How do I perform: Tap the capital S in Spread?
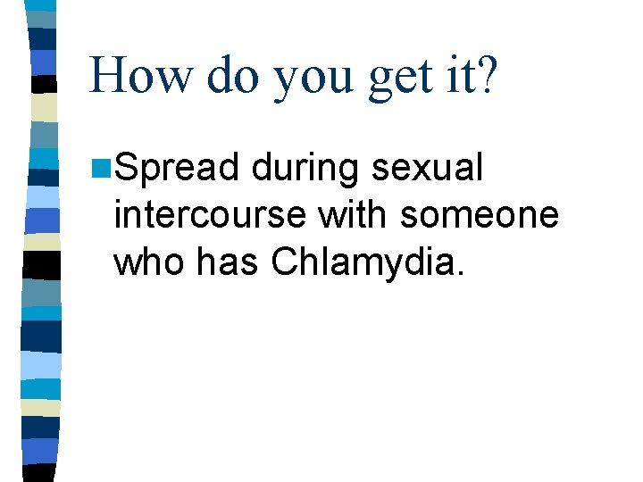point(126,168)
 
